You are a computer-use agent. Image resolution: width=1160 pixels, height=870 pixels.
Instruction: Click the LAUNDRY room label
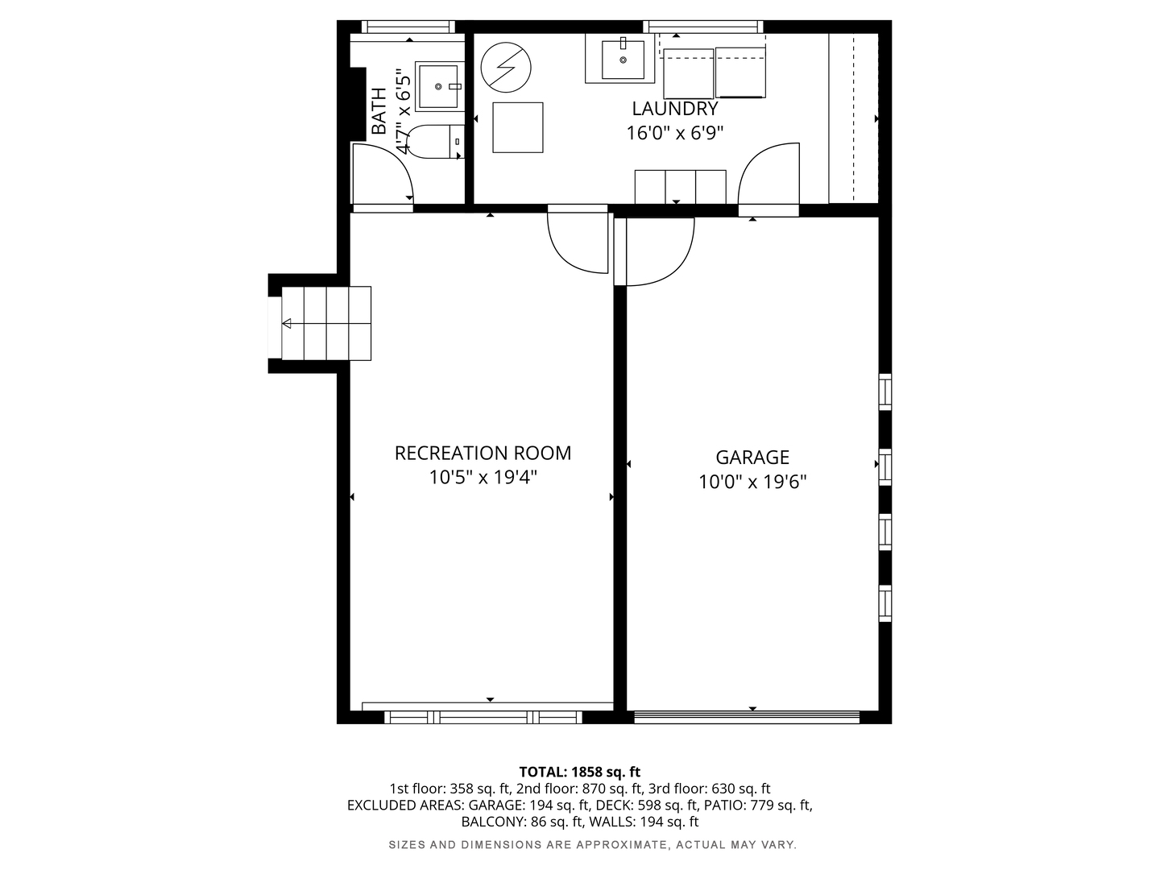[x=674, y=109]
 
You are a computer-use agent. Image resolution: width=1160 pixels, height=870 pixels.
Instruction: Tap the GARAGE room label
[x=752, y=458]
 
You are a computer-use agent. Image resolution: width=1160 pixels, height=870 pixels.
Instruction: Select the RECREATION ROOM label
[x=483, y=453]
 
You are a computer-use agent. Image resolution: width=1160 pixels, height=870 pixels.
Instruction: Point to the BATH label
[x=379, y=111]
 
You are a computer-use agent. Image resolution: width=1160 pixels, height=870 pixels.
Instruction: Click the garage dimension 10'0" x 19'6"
[x=752, y=482]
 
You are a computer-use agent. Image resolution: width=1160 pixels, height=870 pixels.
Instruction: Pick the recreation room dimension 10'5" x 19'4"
[x=483, y=478]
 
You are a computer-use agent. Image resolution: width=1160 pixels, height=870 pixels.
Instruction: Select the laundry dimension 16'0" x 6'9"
[x=674, y=133]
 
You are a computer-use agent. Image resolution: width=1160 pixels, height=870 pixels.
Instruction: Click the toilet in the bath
[x=435, y=141]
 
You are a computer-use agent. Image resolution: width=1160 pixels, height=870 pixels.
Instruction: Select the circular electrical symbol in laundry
[x=506, y=67]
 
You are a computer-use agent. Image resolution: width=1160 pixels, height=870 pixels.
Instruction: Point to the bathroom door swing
[x=383, y=175]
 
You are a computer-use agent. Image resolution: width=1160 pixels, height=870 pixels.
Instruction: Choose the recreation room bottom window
[x=483, y=716]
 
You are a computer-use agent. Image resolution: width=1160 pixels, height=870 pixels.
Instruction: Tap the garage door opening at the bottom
[x=747, y=716]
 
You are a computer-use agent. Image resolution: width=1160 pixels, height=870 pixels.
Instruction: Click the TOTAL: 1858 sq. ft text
[x=579, y=772]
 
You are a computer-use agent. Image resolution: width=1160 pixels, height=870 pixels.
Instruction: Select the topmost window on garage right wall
[x=884, y=391]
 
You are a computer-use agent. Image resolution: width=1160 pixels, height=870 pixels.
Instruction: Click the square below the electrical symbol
[x=517, y=127]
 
